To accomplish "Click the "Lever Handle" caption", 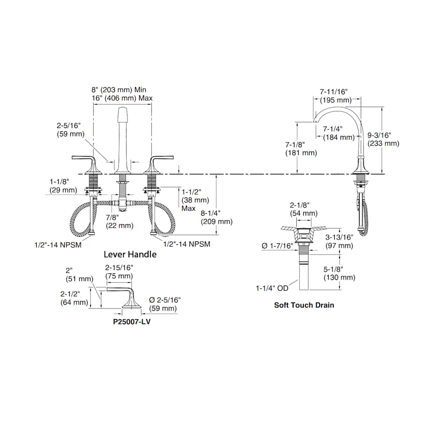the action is (x=130, y=254).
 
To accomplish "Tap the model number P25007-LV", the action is (x=132, y=322).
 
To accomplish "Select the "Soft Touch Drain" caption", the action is (x=304, y=305).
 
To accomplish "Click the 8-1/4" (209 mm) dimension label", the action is (x=217, y=217).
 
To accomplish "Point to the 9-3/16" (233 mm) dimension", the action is (x=383, y=139).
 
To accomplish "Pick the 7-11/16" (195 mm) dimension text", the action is (x=336, y=96).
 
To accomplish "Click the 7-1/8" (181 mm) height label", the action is (x=301, y=149).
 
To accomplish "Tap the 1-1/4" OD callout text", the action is (x=272, y=288).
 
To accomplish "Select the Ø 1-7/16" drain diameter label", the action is (x=277, y=246).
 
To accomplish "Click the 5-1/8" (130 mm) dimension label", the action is (x=339, y=273).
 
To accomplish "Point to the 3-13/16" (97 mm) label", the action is (x=339, y=241).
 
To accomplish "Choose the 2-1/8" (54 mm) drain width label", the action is (x=303, y=210).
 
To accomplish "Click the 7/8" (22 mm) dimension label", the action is (x=120, y=221).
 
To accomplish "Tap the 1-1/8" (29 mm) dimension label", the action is (x=63, y=186).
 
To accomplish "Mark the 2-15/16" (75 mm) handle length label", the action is (x=119, y=272).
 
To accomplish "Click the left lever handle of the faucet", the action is (x=87, y=164).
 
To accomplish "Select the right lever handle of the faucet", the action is (x=158, y=164).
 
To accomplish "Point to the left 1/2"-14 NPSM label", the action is (x=58, y=245).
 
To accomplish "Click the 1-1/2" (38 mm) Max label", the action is (x=196, y=200).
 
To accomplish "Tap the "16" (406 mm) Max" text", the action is (x=122, y=98).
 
